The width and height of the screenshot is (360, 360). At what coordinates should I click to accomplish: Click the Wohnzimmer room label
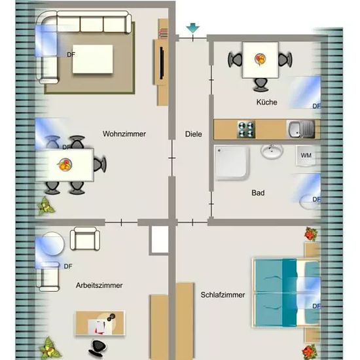click(x=124, y=134)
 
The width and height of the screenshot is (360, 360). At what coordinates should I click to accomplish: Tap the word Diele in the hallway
click(x=194, y=134)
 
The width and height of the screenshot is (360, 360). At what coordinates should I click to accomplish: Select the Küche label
click(x=267, y=102)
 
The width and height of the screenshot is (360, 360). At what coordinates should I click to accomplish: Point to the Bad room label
click(x=258, y=192)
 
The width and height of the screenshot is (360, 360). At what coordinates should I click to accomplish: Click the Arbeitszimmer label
click(x=99, y=285)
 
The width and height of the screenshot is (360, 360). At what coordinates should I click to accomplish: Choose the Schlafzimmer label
click(x=223, y=295)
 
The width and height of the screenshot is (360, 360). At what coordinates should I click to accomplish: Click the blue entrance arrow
click(x=192, y=27)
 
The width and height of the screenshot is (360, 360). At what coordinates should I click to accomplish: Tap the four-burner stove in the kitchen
click(x=246, y=130)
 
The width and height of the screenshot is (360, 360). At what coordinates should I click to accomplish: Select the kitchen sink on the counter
click(x=301, y=130)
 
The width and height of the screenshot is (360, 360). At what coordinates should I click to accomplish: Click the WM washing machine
click(x=307, y=156)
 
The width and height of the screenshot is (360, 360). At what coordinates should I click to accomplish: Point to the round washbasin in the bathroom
click(x=272, y=151)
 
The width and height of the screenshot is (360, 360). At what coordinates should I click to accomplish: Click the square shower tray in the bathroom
click(x=232, y=162)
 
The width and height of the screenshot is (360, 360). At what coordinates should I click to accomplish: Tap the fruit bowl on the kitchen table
click(x=260, y=59)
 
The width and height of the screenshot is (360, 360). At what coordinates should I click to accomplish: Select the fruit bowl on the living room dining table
click(x=65, y=164)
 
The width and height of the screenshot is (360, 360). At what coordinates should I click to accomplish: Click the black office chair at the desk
click(x=98, y=348)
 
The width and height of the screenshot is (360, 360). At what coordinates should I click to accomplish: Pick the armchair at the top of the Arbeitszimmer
click(x=85, y=239)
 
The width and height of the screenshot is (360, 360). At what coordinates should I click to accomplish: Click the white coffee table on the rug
click(x=93, y=59)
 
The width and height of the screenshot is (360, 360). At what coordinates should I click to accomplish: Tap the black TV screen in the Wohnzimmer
click(x=162, y=63)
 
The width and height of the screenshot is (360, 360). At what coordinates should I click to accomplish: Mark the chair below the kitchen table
click(x=261, y=84)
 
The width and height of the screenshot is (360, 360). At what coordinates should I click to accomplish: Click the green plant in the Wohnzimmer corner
click(x=46, y=206)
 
